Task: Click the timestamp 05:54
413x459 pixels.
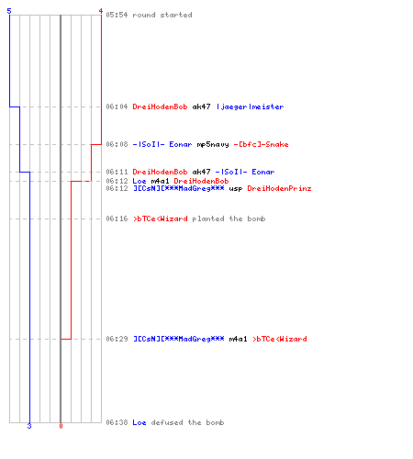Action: (x=117, y=15)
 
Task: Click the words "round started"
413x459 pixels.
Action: (x=162, y=15)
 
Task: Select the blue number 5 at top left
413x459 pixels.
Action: (x=9, y=11)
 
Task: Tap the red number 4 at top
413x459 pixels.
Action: (x=101, y=11)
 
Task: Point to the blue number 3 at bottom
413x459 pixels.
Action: (x=29, y=426)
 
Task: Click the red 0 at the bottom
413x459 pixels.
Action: (x=61, y=426)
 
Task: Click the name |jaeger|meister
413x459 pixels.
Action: (x=250, y=106)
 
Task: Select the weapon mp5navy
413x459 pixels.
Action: (x=213, y=144)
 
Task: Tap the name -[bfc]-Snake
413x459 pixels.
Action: (x=261, y=144)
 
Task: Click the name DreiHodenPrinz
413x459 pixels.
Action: (x=279, y=188)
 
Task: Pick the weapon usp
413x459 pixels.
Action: (x=236, y=189)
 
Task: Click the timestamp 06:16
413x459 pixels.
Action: (x=117, y=218)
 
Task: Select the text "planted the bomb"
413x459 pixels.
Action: (x=229, y=218)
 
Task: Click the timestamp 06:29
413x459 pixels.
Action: (x=117, y=339)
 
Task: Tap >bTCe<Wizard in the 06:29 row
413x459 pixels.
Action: (x=280, y=339)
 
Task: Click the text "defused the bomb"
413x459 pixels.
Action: (x=187, y=422)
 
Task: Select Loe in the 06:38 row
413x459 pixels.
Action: (x=140, y=422)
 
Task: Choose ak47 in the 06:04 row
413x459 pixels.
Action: (x=201, y=106)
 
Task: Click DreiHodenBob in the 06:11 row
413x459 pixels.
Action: (x=160, y=172)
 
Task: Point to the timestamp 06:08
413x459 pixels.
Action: (x=117, y=144)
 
